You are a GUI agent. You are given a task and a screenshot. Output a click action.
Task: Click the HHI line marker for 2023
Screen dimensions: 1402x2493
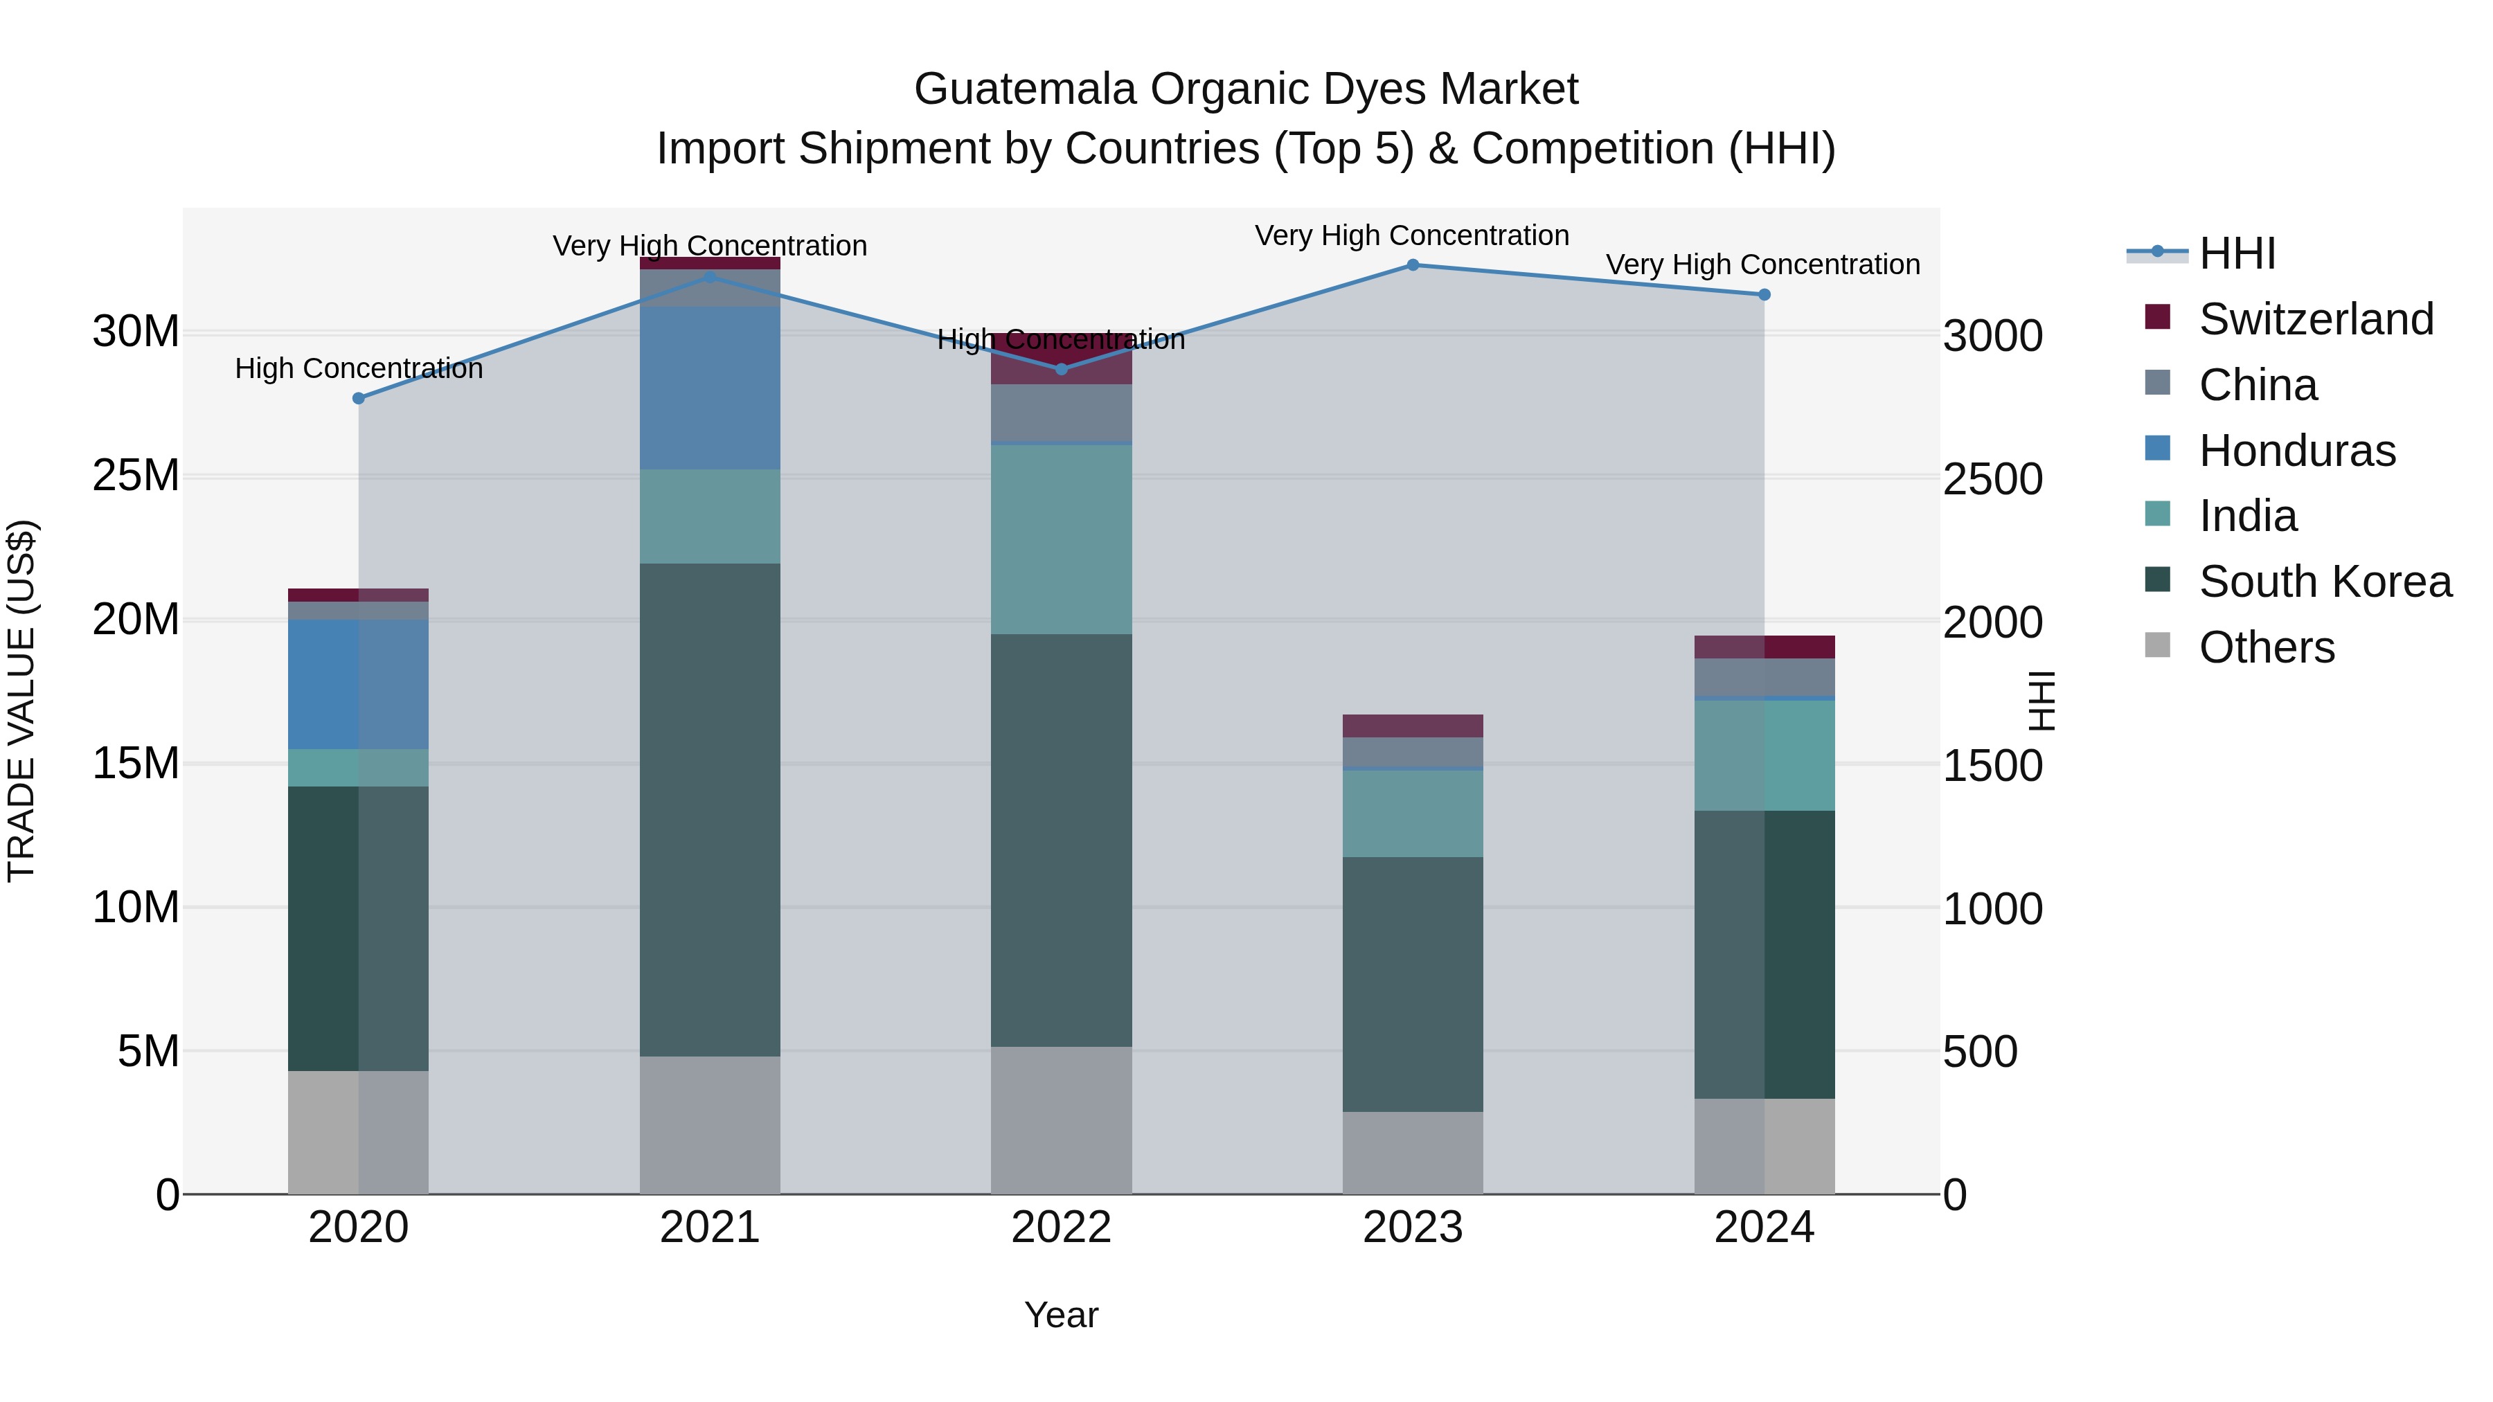click(1412, 265)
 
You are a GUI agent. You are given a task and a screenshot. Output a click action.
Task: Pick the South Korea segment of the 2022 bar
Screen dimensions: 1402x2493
click(1061, 840)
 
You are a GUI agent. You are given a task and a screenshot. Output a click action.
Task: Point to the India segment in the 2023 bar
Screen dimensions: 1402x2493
click(1412, 813)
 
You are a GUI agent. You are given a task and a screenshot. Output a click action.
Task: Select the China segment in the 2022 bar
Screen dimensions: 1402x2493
click(1061, 413)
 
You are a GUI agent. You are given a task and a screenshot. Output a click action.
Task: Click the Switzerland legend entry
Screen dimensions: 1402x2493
click(2315, 319)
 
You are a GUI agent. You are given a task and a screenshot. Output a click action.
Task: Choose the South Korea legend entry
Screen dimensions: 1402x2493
click(2325, 582)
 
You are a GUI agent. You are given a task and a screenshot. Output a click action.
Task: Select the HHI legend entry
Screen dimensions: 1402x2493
click(2237, 253)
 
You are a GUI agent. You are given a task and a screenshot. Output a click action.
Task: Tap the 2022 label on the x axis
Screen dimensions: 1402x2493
click(1061, 1228)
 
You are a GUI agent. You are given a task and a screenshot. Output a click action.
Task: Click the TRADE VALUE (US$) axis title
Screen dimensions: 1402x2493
click(21, 701)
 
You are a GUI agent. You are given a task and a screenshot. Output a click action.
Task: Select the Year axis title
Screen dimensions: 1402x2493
click(1061, 1315)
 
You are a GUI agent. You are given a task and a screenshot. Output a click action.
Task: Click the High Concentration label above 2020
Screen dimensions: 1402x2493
click(359, 368)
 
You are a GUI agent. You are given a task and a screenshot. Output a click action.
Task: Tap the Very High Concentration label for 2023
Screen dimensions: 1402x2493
click(1412, 235)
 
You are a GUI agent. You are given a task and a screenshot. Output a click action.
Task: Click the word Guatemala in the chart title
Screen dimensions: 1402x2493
click(1025, 89)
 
